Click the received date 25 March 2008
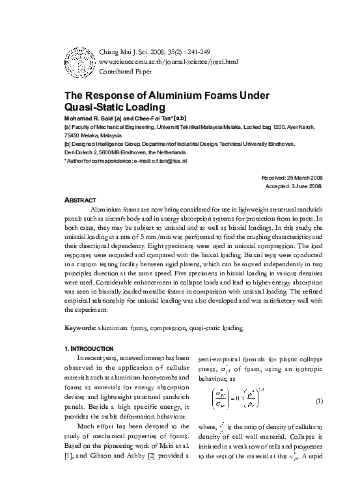coord(314,178)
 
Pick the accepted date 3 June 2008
coord(320,186)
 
